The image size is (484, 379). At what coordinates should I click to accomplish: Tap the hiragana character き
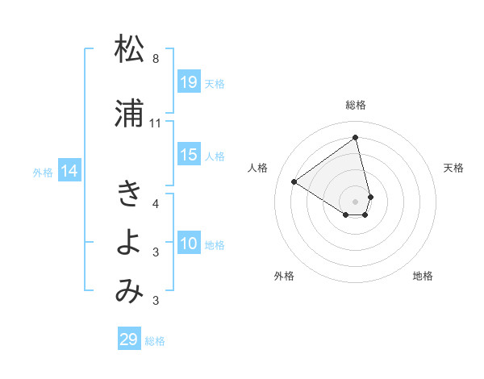point(129,193)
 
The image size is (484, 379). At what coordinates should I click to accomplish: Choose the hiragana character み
point(129,291)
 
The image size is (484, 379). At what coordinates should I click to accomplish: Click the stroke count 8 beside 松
point(156,59)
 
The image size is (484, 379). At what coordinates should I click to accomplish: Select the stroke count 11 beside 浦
point(156,123)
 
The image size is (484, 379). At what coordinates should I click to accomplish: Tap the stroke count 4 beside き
point(156,203)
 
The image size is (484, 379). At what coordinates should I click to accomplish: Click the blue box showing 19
point(188,82)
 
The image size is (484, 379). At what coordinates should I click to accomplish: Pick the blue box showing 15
point(188,155)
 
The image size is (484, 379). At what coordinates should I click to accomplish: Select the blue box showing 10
point(188,244)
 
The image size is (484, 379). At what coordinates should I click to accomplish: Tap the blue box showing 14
point(69,171)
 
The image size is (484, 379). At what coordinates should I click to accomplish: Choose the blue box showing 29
point(128,339)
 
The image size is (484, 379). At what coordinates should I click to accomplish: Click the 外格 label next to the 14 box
point(43,172)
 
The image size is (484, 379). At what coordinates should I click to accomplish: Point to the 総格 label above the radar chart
point(356,105)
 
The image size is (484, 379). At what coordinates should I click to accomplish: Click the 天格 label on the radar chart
point(453,168)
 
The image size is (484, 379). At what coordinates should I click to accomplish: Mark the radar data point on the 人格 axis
point(294,181)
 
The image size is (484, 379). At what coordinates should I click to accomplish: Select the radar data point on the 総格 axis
point(356,136)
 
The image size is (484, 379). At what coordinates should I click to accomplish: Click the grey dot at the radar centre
point(356,200)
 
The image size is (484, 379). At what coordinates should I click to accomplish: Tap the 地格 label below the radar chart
point(423,276)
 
